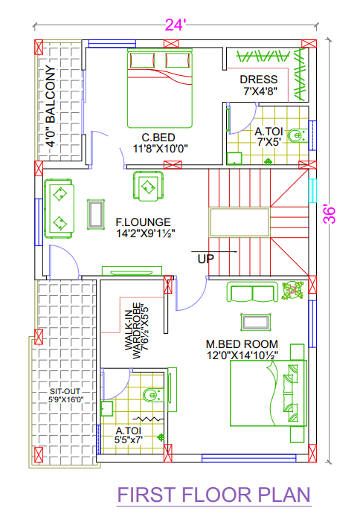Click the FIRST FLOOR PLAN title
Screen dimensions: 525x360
(213, 495)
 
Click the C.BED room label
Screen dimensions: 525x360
(160, 137)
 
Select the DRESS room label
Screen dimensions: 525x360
(258, 80)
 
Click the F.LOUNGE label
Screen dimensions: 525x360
(143, 222)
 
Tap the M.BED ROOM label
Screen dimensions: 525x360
(242, 344)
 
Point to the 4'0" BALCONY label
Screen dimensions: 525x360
(51, 109)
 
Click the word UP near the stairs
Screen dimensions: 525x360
(206, 260)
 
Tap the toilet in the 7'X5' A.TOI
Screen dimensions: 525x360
(296, 135)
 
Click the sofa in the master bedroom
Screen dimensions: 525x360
(253, 293)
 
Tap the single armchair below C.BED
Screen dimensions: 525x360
(148, 186)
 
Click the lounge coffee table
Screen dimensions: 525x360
(96, 214)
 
